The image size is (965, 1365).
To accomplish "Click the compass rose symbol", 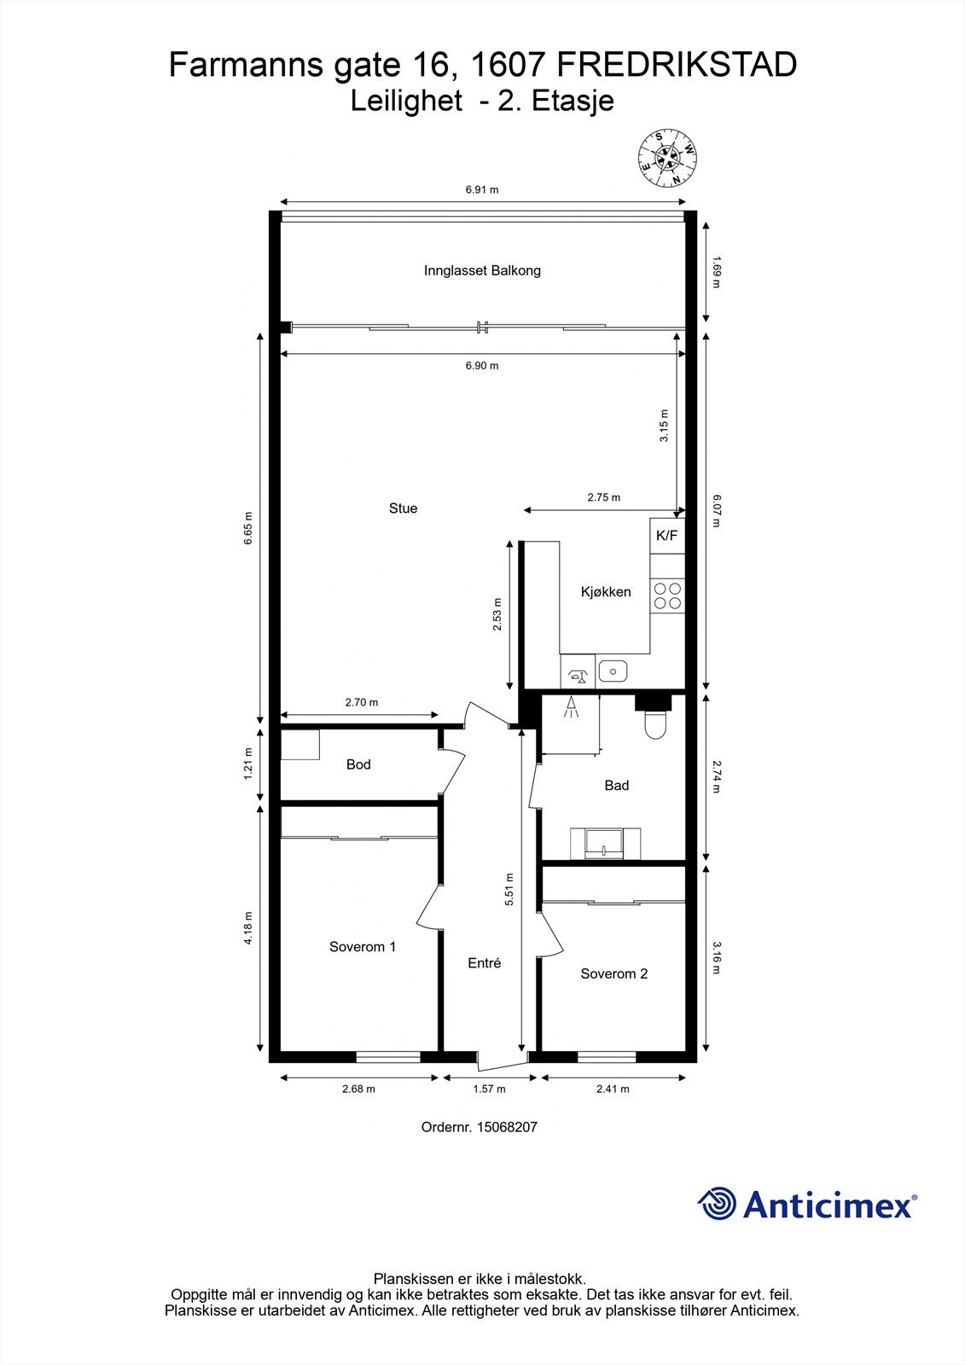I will point(668,158).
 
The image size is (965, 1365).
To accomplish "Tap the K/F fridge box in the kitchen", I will point(666,536).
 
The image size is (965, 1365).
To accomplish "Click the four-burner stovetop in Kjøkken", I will point(667,595).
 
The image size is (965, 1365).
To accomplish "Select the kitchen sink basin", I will point(613,671).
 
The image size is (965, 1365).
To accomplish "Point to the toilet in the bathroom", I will point(655,723).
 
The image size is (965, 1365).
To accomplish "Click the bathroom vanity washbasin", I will point(605,844).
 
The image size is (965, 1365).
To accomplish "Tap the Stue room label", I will point(403,508).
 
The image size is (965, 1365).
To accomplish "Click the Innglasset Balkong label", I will point(482,270).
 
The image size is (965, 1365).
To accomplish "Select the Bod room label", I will point(358,764).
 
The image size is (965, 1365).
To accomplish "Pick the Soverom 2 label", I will point(613,973).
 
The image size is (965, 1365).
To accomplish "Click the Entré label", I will point(484,963).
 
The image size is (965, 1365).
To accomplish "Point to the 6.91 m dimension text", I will point(482,189).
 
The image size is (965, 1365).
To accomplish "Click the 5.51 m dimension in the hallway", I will point(509,889).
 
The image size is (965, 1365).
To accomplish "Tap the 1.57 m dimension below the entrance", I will point(489,1089).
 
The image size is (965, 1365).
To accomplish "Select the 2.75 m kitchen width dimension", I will point(603,497).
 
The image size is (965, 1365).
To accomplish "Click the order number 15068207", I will point(506,1127).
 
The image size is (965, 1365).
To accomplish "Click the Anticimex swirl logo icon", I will point(717,1204).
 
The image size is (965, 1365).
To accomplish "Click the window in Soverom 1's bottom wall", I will point(388,1057).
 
